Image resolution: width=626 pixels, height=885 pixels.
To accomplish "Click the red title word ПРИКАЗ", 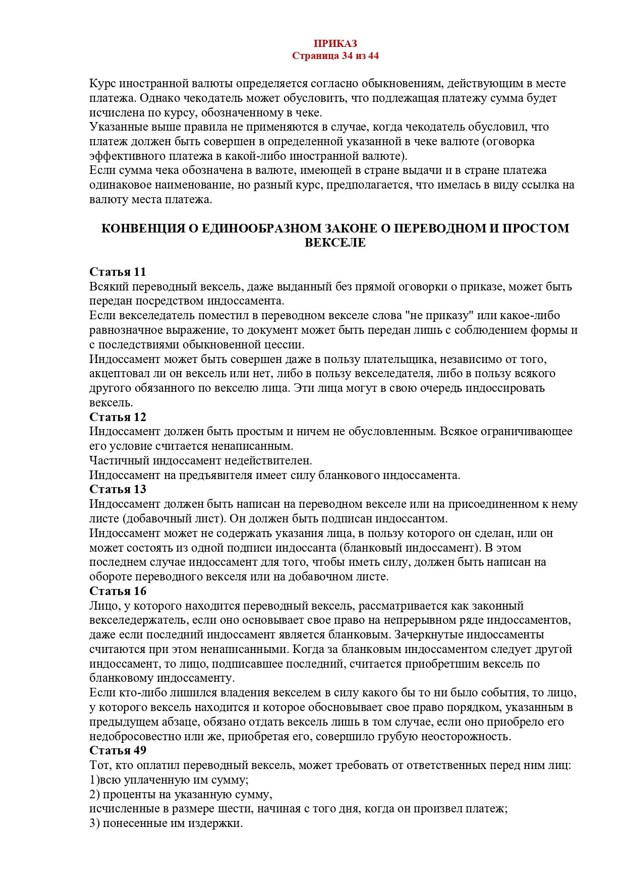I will (x=335, y=44).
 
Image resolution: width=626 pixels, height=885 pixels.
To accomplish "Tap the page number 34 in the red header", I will (x=347, y=56).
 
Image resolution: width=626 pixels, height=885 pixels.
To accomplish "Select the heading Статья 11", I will (x=118, y=272).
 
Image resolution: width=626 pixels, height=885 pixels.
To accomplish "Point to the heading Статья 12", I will (x=118, y=418).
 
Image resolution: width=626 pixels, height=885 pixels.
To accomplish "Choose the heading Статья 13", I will (x=118, y=490).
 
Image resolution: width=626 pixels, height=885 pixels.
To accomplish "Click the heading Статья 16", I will (x=118, y=591).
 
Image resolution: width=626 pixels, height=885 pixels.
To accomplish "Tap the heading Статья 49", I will (x=118, y=751).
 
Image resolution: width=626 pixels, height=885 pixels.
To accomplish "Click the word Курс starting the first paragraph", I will (x=102, y=84).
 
